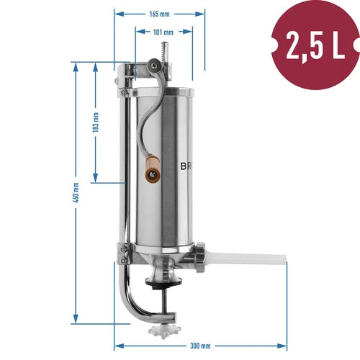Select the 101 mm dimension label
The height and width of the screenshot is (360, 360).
(163, 32)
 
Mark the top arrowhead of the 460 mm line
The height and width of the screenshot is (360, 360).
(76, 63)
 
